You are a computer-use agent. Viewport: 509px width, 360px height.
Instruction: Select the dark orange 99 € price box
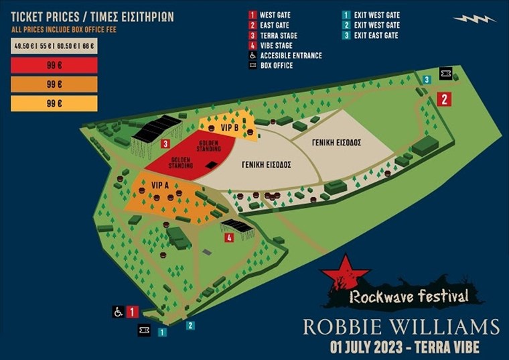click(54, 85)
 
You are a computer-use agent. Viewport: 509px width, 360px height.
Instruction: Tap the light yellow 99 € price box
click(54, 103)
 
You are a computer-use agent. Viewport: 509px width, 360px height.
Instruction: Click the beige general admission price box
click(54, 46)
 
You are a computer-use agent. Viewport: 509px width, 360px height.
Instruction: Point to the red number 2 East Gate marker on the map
click(444, 99)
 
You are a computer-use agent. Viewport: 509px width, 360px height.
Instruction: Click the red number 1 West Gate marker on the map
click(132, 312)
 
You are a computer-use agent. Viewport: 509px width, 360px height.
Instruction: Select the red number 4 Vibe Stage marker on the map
click(229, 237)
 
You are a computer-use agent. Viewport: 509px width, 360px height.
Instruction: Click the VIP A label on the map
click(161, 184)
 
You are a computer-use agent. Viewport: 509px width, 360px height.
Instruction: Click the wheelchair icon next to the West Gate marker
click(118, 312)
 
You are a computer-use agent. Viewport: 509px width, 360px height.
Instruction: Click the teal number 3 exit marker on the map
click(427, 80)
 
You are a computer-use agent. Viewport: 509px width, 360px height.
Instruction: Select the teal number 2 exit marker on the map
click(191, 326)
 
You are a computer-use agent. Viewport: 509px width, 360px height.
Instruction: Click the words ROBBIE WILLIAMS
click(401, 327)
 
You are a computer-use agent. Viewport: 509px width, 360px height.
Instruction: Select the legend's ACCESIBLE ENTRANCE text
click(291, 56)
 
